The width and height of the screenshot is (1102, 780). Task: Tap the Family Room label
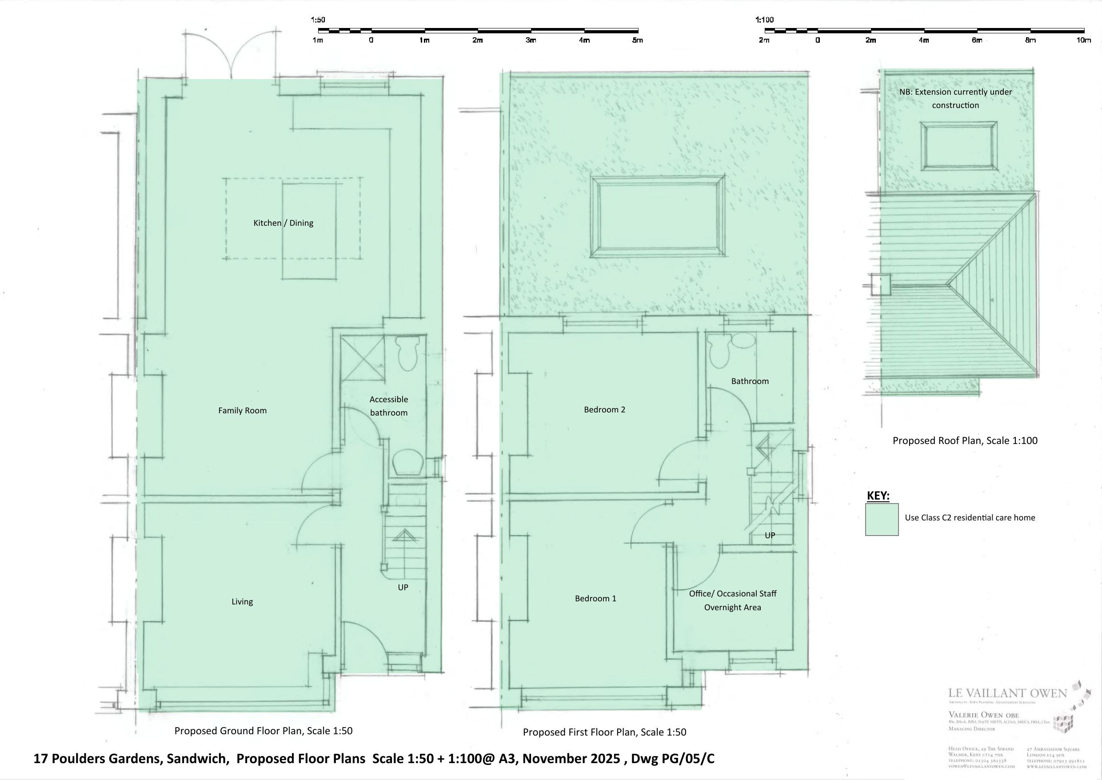tap(242, 411)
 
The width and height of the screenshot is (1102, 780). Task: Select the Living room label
tap(242, 602)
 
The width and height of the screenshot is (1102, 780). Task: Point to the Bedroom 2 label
tap(604, 410)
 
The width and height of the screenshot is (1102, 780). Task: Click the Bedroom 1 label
tap(595, 599)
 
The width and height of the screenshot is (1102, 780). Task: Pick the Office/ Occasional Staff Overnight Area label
tap(732, 600)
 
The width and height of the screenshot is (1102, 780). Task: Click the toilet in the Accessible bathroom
tap(407, 353)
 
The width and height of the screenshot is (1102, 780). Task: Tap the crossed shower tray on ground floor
tap(363, 358)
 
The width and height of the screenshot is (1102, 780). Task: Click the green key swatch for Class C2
tap(882, 519)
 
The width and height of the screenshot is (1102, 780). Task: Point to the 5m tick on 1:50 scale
tap(638, 30)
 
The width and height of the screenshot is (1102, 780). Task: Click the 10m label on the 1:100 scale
tap(1083, 40)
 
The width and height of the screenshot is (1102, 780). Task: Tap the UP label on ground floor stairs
tap(403, 588)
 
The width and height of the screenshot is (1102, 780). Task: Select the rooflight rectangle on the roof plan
tap(958, 146)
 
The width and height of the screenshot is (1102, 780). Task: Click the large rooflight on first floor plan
tap(658, 217)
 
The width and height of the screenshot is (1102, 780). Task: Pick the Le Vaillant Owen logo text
tap(1007, 693)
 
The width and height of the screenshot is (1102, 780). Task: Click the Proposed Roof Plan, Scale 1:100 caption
tap(965, 441)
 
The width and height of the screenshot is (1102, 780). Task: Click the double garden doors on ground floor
tap(232, 55)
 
